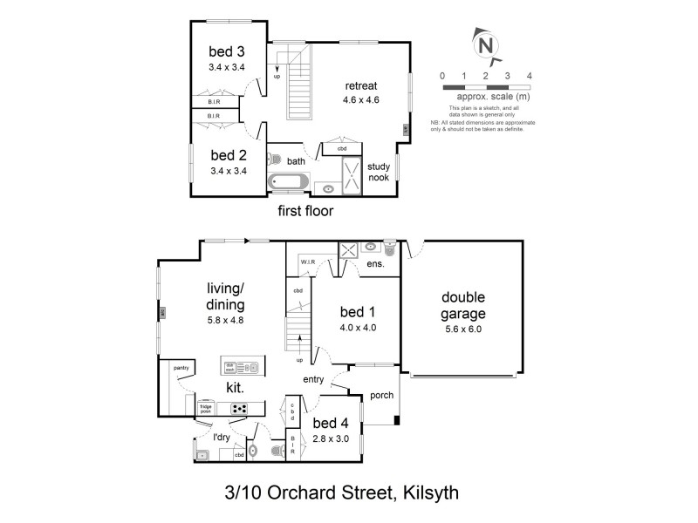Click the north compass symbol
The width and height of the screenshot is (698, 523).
[x=487, y=44]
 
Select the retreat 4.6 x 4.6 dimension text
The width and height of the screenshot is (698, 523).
[x=360, y=100]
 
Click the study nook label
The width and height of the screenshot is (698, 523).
[x=378, y=172]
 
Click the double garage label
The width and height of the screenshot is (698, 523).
[x=462, y=306]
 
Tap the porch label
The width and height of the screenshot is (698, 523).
[x=381, y=395]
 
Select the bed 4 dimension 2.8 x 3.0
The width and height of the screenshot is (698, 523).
[x=331, y=438]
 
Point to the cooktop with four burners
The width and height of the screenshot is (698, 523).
[x=237, y=408]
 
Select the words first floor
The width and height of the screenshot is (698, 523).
[x=305, y=211]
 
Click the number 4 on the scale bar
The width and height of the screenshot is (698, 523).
[x=530, y=76]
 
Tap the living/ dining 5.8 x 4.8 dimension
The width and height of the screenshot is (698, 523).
[x=224, y=320]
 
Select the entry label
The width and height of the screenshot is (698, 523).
[x=315, y=379]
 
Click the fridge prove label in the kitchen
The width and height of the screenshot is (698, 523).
[x=207, y=406]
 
